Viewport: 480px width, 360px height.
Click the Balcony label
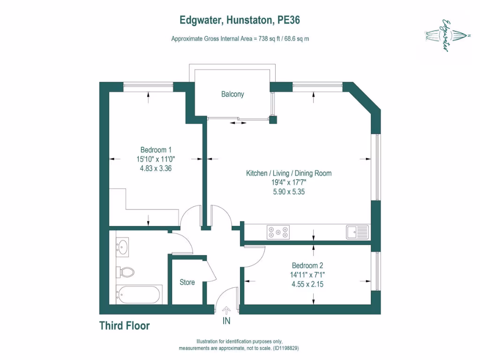point(232,94)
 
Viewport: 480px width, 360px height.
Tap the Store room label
point(187,282)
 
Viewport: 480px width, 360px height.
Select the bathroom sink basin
point(123,247)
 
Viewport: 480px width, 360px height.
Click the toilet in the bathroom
point(126,272)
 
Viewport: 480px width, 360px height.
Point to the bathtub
point(139,295)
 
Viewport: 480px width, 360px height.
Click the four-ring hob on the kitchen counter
point(278,232)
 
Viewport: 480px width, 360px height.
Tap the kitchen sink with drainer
point(358,232)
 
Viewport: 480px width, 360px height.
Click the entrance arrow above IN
point(226,310)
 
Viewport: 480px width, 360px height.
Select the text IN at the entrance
point(226,322)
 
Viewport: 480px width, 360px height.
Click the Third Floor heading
point(124,326)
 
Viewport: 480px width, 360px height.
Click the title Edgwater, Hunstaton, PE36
point(240,20)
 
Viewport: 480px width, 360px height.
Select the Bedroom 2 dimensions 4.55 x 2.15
point(307,284)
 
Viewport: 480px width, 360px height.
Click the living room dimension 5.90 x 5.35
point(289,191)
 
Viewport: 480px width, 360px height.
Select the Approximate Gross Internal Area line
point(240,39)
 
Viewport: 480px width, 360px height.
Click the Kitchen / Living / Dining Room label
point(289,173)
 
